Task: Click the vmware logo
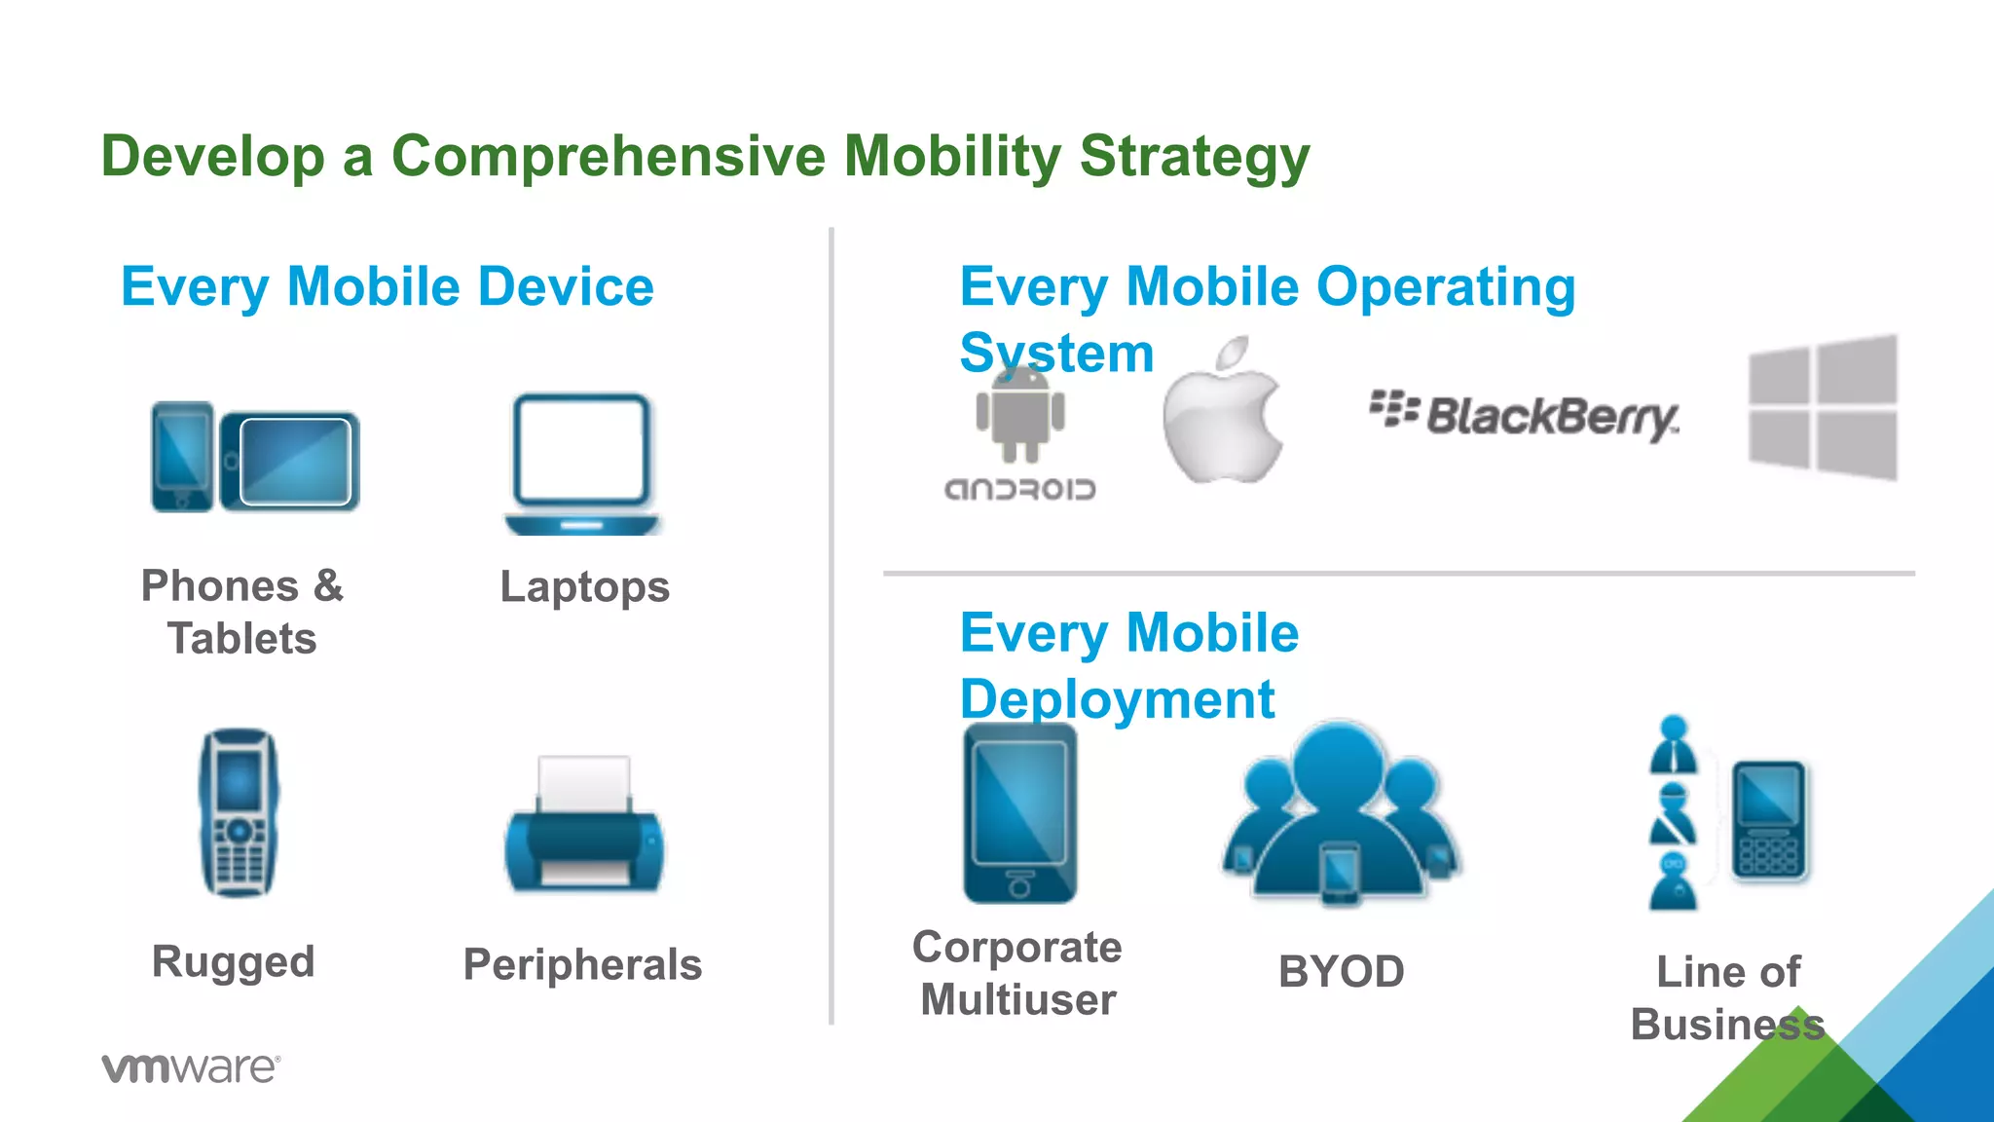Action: pyautogui.click(x=191, y=1067)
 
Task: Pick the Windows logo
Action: pyautogui.click(x=1823, y=407)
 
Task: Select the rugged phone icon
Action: pyautogui.click(x=240, y=813)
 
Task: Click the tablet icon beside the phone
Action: pyautogui.click(x=292, y=462)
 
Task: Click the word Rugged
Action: pyautogui.click(x=234, y=962)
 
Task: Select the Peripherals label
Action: pyautogui.click(x=582, y=965)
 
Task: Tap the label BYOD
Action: pyautogui.click(x=1341, y=972)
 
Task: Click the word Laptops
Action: pyautogui.click(x=584, y=587)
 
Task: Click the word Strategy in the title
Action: pyautogui.click(x=1194, y=158)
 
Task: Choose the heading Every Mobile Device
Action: pyautogui.click(x=388, y=287)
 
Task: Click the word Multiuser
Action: pyautogui.click(x=1018, y=1000)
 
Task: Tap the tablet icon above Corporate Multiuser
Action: pyautogui.click(x=1020, y=814)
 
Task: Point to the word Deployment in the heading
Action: pyautogui.click(x=1117, y=699)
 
